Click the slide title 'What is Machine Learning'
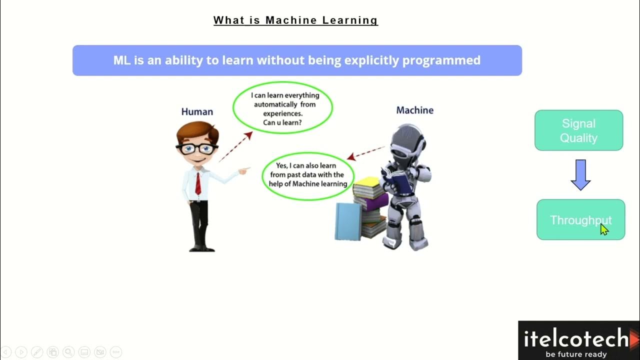[295, 20]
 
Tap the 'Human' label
[197, 112]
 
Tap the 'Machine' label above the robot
[414, 110]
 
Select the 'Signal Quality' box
[578, 130]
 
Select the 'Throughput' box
[580, 220]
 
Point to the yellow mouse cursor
[604, 229]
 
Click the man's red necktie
[198, 183]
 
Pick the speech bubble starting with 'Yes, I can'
[308, 174]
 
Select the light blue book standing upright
[347, 221]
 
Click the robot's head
[407, 143]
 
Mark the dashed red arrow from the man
[235, 146]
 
